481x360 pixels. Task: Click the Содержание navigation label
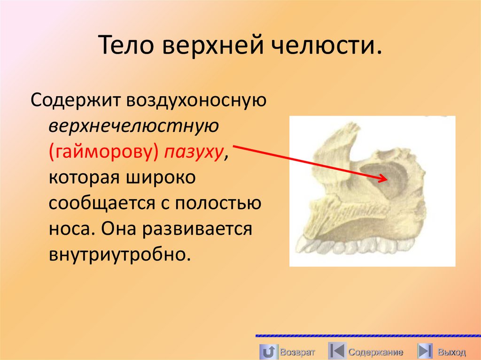[376, 352]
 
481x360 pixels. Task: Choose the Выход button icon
[425, 352]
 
